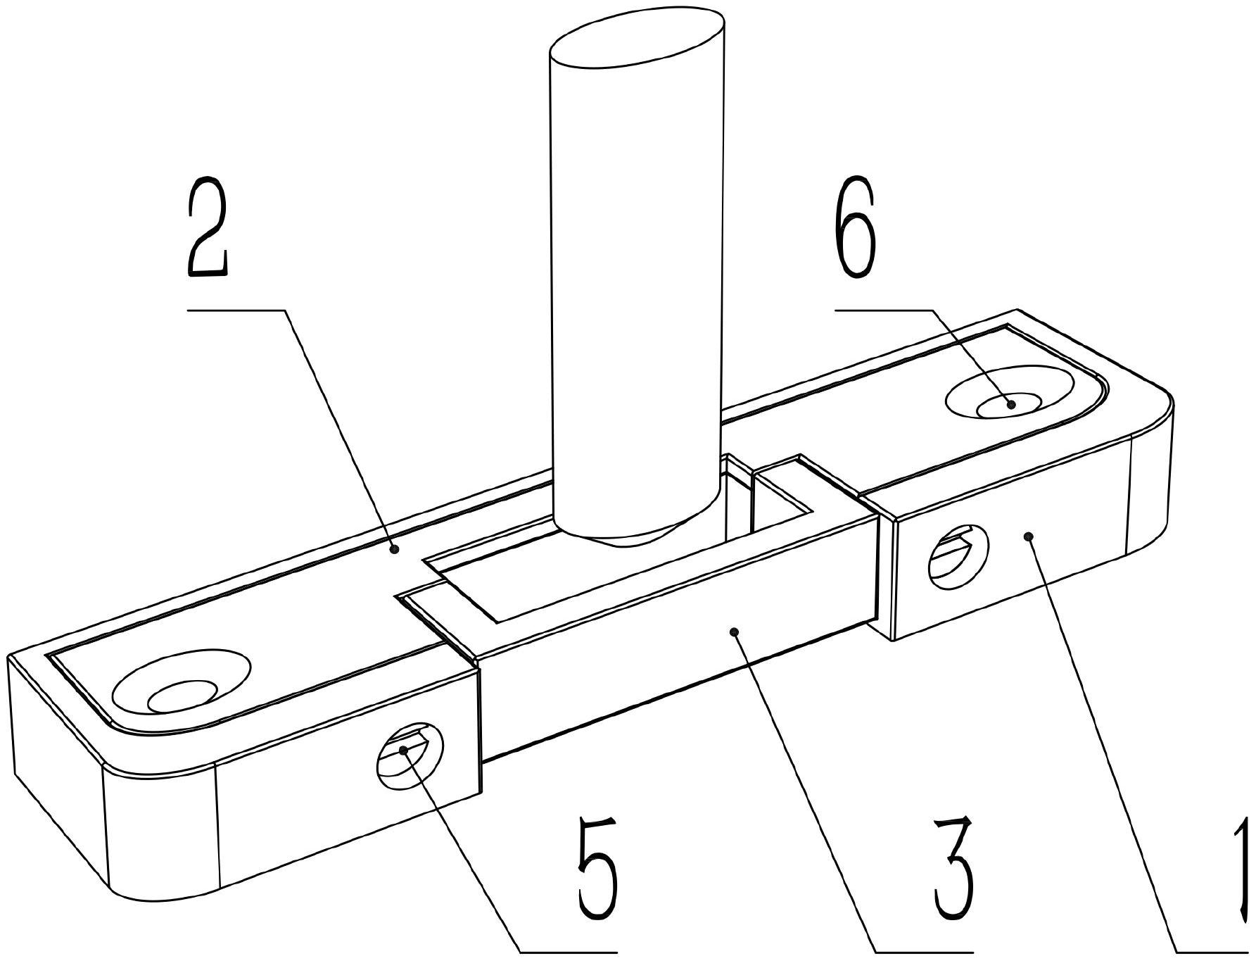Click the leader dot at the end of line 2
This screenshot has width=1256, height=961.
pos(395,548)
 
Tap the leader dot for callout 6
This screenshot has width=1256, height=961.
pos(1011,404)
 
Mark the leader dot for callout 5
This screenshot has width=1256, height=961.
pos(403,750)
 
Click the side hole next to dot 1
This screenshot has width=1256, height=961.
pos(959,557)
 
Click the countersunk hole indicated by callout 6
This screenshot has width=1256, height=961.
pos(1009,392)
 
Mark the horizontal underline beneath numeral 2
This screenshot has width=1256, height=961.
pos(236,310)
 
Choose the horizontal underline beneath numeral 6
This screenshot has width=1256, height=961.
pos(884,310)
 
